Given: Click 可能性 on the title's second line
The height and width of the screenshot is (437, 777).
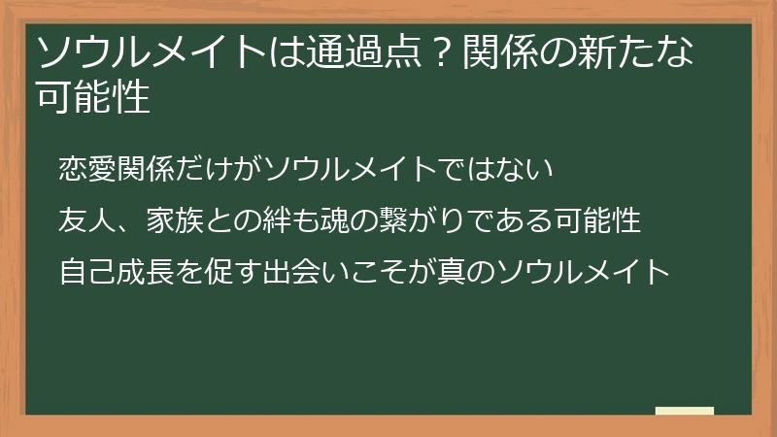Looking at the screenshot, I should (92, 97).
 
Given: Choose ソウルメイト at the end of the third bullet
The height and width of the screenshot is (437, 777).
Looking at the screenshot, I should (583, 270).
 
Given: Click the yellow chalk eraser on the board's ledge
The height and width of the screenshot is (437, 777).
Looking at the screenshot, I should (685, 411).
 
